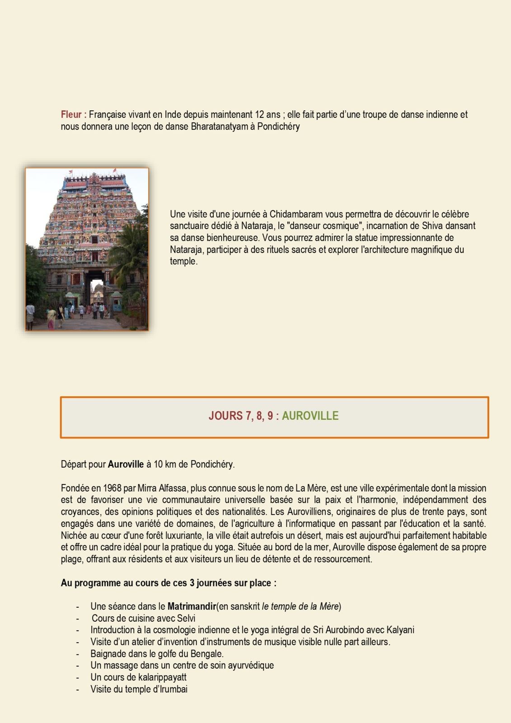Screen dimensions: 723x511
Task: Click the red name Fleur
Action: pyautogui.click(x=71, y=115)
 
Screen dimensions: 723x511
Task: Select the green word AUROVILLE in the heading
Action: pyautogui.click(x=310, y=416)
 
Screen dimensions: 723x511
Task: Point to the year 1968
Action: pyautogui.click(x=113, y=488)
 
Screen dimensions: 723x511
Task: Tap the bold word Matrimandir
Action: pyautogui.click(x=192, y=606)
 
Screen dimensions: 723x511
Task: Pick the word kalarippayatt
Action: pyautogui.click(x=159, y=677)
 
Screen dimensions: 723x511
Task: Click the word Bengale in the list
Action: pyautogui.click(x=207, y=653)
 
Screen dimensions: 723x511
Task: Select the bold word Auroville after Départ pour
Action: pyautogui.click(x=126, y=464)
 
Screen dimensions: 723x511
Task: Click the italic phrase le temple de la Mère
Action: pyautogui.click(x=300, y=606)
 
